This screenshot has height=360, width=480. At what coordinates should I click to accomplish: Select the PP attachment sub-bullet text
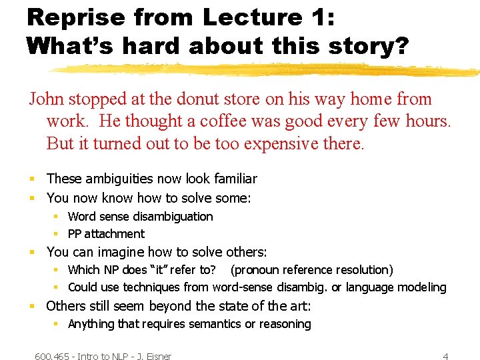106,234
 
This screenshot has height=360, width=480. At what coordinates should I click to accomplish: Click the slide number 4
445,356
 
